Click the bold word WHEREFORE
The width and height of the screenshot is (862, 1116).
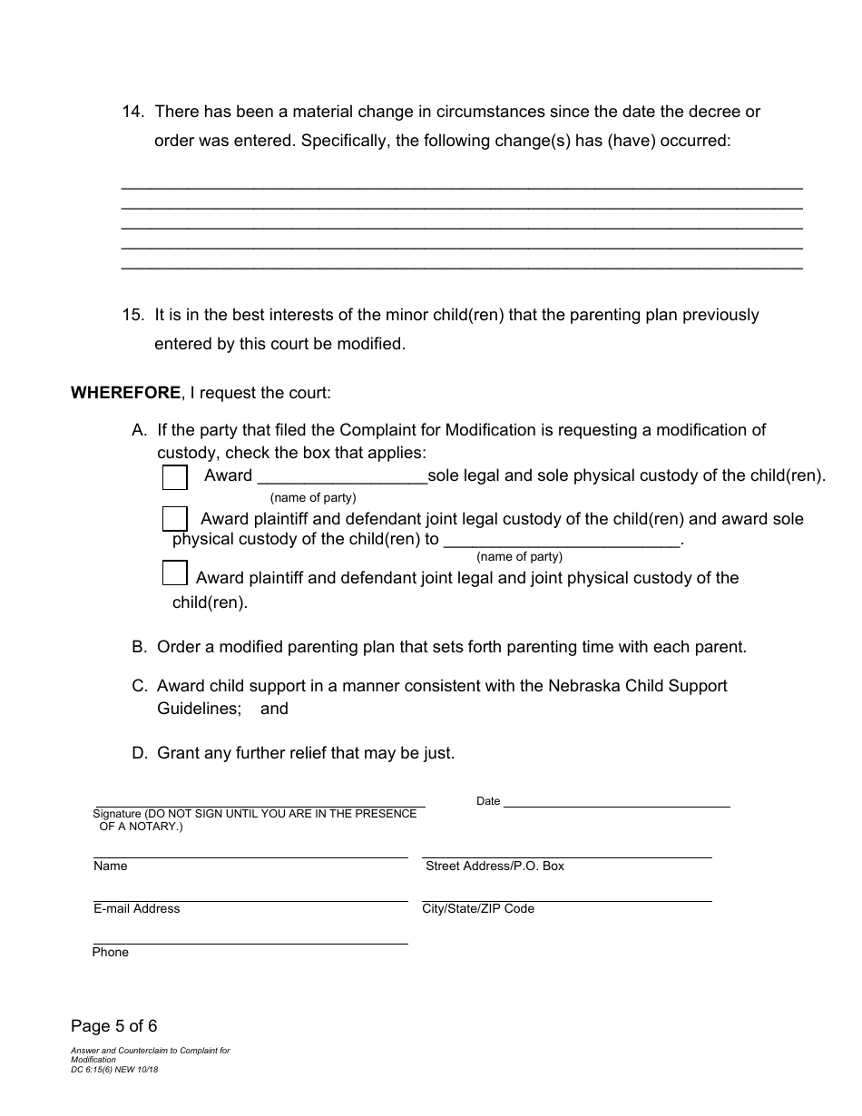click(x=126, y=394)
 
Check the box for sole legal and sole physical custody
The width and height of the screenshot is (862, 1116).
click(x=174, y=477)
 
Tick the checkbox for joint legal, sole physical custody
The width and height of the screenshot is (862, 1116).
click(x=174, y=519)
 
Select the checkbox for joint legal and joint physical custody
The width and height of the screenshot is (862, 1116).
click(x=174, y=573)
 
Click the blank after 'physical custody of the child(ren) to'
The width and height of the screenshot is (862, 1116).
click(x=561, y=541)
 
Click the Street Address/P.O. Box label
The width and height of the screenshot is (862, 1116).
click(x=495, y=866)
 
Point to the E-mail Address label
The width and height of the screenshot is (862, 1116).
click(x=136, y=909)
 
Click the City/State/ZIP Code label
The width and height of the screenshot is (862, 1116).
click(x=478, y=909)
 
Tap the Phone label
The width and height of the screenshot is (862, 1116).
click(x=111, y=953)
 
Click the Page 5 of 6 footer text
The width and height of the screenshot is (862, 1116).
click(x=114, y=1027)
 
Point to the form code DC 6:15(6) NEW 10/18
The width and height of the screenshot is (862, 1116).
click(x=114, y=1070)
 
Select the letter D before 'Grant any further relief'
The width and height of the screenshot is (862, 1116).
click(x=139, y=753)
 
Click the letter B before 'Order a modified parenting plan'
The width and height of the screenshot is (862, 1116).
click(x=139, y=648)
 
